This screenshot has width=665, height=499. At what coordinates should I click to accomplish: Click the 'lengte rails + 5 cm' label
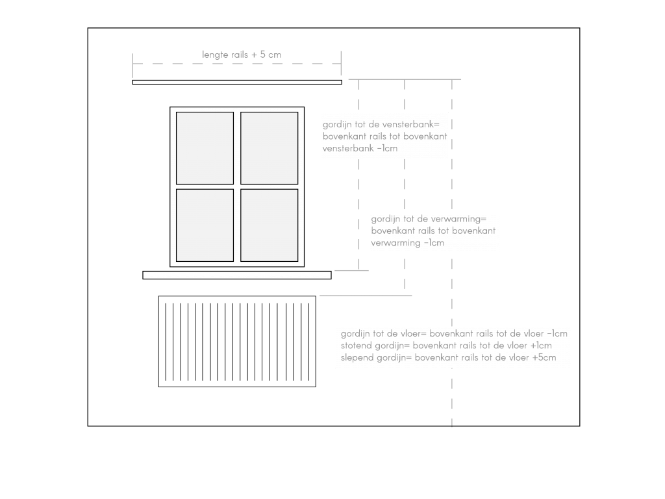coord(242,55)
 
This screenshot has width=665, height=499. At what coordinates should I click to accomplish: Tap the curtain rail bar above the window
coord(237,83)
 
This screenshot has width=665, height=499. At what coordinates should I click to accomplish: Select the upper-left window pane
coord(205,148)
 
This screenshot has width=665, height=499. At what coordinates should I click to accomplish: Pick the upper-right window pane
coord(270,148)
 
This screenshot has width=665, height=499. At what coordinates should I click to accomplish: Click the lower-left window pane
coord(205,225)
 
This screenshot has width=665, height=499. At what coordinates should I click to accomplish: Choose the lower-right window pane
coord(270,225)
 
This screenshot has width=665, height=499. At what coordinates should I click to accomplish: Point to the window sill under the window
coord(237,275)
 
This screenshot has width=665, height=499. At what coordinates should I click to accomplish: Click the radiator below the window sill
coord(237,342)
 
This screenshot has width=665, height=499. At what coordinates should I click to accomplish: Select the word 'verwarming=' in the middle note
coord(460,219)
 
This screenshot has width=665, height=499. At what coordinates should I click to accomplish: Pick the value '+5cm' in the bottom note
coord(544,358)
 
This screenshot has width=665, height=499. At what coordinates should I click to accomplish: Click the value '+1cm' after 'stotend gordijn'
coord(541,346)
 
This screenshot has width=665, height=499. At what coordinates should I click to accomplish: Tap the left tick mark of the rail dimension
coord(132,64)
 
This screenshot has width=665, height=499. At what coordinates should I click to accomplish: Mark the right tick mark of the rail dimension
coord(341,63)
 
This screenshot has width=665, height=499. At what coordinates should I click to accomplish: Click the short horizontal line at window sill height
coord(351,270)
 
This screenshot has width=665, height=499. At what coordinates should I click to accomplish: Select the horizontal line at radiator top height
coord(366,296)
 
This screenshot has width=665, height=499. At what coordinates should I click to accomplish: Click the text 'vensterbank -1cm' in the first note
coord(360,149)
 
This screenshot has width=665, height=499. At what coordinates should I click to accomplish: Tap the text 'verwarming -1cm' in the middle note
coord(408,243)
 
